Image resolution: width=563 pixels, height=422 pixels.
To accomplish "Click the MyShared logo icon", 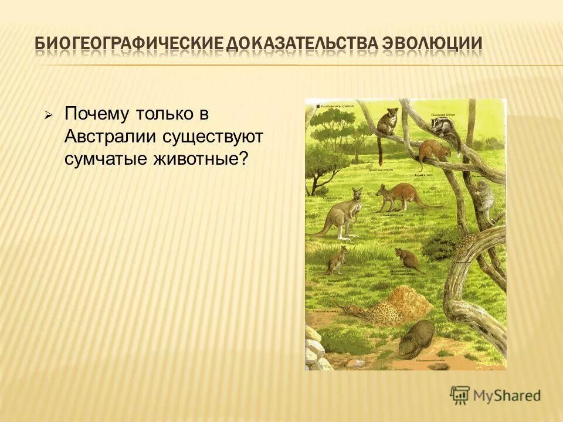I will [460, 395].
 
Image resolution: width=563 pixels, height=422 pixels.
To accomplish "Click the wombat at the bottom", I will [417, 338].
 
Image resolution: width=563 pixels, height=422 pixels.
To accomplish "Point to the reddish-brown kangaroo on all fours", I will [399, 196].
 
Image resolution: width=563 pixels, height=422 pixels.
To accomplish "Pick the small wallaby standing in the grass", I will [337, 259].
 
